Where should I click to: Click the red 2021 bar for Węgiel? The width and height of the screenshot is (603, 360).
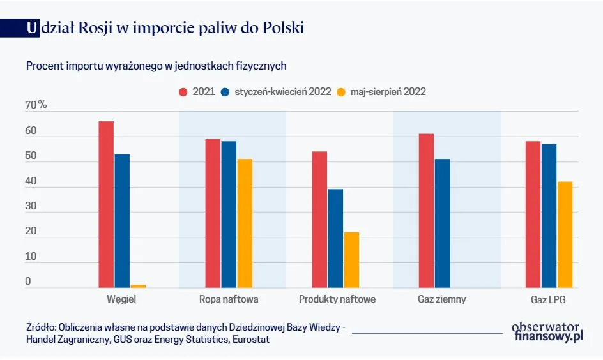coord(106,204)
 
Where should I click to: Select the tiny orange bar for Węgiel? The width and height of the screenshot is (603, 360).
coord(138,286)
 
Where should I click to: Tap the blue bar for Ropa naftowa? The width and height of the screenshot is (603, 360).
coord(229,214)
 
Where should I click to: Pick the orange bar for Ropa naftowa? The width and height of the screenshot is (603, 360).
coord(245,223)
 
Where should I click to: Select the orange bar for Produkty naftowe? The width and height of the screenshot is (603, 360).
coord(351,260)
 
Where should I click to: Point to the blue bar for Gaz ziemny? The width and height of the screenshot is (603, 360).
coord(442,223)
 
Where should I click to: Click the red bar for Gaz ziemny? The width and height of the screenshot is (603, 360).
coord(426,211)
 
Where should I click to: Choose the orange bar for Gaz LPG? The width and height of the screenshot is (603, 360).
coord(565,234)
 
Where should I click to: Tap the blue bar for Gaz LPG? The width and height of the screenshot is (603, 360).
coord(549,216)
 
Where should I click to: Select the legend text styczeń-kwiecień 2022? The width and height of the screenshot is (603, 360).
coord(282,92)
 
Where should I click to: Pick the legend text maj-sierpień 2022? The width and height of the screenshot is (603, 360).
coord(388,92)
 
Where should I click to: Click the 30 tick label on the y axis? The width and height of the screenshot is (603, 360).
coord(31,206)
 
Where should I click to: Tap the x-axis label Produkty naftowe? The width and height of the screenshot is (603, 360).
coord(337,299)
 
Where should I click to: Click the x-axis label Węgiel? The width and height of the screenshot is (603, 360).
coord(121,299)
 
